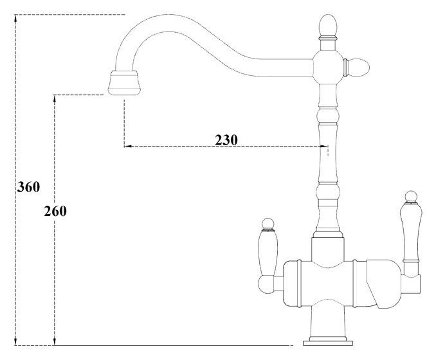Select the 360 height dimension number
(28, 187)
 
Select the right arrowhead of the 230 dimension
(322, 147)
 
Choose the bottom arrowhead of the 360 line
(17, 342)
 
